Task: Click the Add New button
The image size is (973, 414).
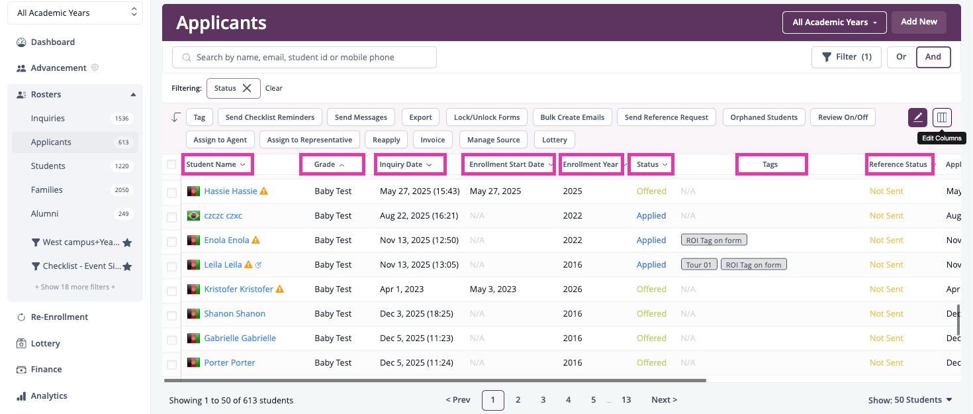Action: pos(919,22)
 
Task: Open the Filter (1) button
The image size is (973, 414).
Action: pos(846,57)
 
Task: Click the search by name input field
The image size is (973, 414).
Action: pos(304,58)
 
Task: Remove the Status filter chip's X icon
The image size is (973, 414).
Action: pos(247,88)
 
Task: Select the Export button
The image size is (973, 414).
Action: pos(420,117)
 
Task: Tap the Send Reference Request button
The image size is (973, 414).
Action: pos(667,117)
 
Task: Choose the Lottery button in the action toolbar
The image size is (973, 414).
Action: pos(554,140)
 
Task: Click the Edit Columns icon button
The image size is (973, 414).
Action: pos(942,117)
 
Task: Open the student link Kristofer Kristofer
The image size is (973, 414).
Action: pos(238,289)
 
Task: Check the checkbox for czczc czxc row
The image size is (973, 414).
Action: pos(172,217)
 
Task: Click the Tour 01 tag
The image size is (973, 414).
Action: pos(699,265)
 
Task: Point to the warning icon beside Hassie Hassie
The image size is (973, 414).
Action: pos(263,191)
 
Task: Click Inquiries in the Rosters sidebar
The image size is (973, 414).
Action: pos(48,119)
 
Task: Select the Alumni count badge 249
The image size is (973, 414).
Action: pos(123,213)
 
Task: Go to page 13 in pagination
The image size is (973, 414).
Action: pos(626,399)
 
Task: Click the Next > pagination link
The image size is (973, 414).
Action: pos(664,399)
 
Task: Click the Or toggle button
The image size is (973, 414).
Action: pos(902,57)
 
